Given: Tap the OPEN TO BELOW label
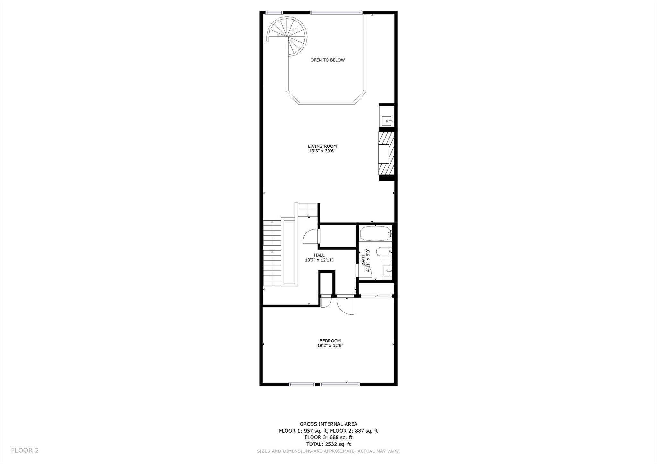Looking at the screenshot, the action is coord(328,60).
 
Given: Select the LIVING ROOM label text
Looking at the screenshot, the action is coord(322,146).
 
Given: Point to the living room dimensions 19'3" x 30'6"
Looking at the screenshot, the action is coord(322,151).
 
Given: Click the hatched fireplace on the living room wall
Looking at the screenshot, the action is coord(386,154).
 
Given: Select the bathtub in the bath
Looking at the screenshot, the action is coord(376,234).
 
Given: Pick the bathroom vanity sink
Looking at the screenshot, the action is coord(387,270).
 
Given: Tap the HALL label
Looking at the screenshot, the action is coord(319,255).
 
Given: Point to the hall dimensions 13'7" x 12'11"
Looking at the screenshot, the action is coord(319,260).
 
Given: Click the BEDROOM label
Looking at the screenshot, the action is coord(330,341).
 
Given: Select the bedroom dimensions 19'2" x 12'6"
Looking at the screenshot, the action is coord(330,346).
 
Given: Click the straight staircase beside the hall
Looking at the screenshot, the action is coord(272,253).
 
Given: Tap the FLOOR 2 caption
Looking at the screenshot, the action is coord(25,451).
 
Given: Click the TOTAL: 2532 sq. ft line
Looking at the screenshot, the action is coord(328,444).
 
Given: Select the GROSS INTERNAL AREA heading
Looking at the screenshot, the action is coord(328,424).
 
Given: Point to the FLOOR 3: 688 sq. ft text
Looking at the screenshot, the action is coord(328,437).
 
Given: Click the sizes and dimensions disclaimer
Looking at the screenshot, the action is coord(328,451).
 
